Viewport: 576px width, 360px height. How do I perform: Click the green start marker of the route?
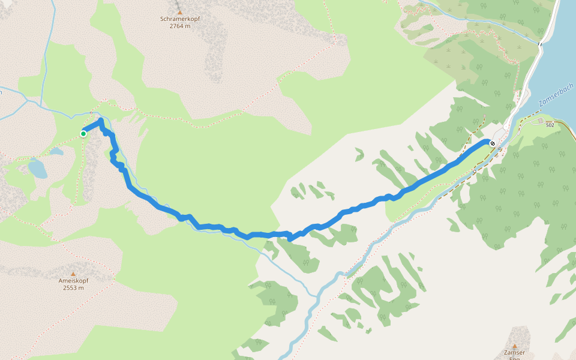pyautogui.click(x=83, y=134)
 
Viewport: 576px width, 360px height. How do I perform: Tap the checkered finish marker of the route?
pyautogui.click(x=493, y=143)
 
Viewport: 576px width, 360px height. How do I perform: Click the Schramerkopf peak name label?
pyautogui.click(x=179, y=19)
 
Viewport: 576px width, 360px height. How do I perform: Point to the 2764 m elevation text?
pyautogui.click(x=179, y=26)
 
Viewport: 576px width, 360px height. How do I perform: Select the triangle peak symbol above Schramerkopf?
pyautogui.click(x=179, y=11)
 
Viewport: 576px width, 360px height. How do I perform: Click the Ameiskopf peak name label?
pyautogui.click(x=74, y=281)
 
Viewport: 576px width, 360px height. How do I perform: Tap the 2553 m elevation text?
pyautogui.click(x=74, y=288)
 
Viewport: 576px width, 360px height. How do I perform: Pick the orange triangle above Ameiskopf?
pyautogui.click(x=74, y=274)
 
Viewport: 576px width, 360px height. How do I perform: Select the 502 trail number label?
pyautogui.click(x=550, y=125)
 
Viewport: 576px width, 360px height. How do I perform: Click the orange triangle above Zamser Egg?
pyautogui.click(x=515, y=346)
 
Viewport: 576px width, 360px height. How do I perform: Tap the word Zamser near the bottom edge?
pyautogui.click(x=515, y=353)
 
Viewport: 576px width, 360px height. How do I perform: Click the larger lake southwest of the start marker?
pyautogui.click(x=37, y=169)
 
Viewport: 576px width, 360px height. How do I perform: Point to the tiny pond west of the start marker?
pyautogui.click(x=56, y=152)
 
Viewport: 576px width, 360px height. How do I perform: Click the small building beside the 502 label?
pyautogui.click(x=539, y=121)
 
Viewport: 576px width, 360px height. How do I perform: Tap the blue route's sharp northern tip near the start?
pyautogui.click(x=101, y=121)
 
